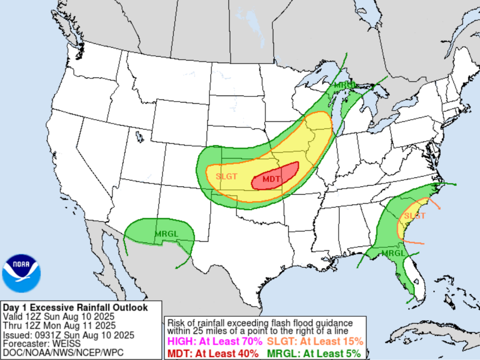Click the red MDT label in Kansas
click(272, 179)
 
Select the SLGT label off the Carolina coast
click(414, 216)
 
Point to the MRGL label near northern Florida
click(393, 253)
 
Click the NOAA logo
click(21, 273)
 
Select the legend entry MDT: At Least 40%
click(213, 352)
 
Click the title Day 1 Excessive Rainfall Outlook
click(75, 307)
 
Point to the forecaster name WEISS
click(59, 344)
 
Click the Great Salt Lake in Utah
click(139, 137)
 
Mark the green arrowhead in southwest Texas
click(177, 268)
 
